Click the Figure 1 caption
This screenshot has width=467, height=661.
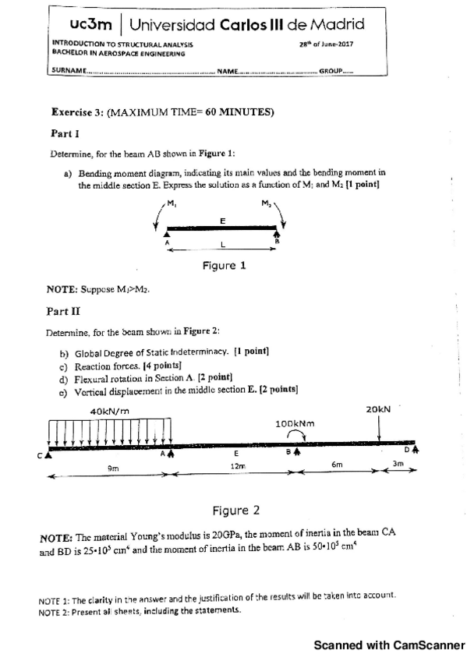pos(224,266)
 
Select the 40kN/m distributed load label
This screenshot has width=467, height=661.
pos(109,411)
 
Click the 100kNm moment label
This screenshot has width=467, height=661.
pos(294,424)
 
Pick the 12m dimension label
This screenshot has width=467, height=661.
pos(238,465)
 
